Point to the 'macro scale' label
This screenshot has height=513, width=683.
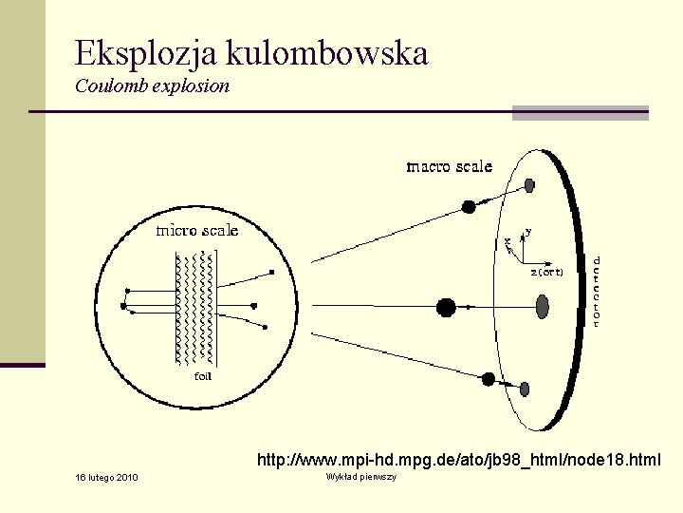(450, 167)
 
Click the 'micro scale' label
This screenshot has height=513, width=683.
(197, 230)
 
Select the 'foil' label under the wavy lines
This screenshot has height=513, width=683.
(204, 375)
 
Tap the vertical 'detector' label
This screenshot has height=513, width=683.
(596, 291)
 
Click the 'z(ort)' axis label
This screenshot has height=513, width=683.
(546, 273)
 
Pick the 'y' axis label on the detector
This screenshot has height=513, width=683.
(528, 231)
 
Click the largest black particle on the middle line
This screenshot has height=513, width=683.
(446, 307)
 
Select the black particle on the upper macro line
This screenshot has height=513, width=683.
(469, 206)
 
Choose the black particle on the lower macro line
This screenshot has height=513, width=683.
(489, 379)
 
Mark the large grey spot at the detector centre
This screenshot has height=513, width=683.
(543, 306)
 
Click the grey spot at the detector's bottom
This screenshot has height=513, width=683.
(524, 389)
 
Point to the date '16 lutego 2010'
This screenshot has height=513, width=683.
(107, 477)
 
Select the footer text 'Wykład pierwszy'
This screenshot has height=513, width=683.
(360, 476)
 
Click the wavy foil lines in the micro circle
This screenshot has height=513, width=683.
(196, 309)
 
